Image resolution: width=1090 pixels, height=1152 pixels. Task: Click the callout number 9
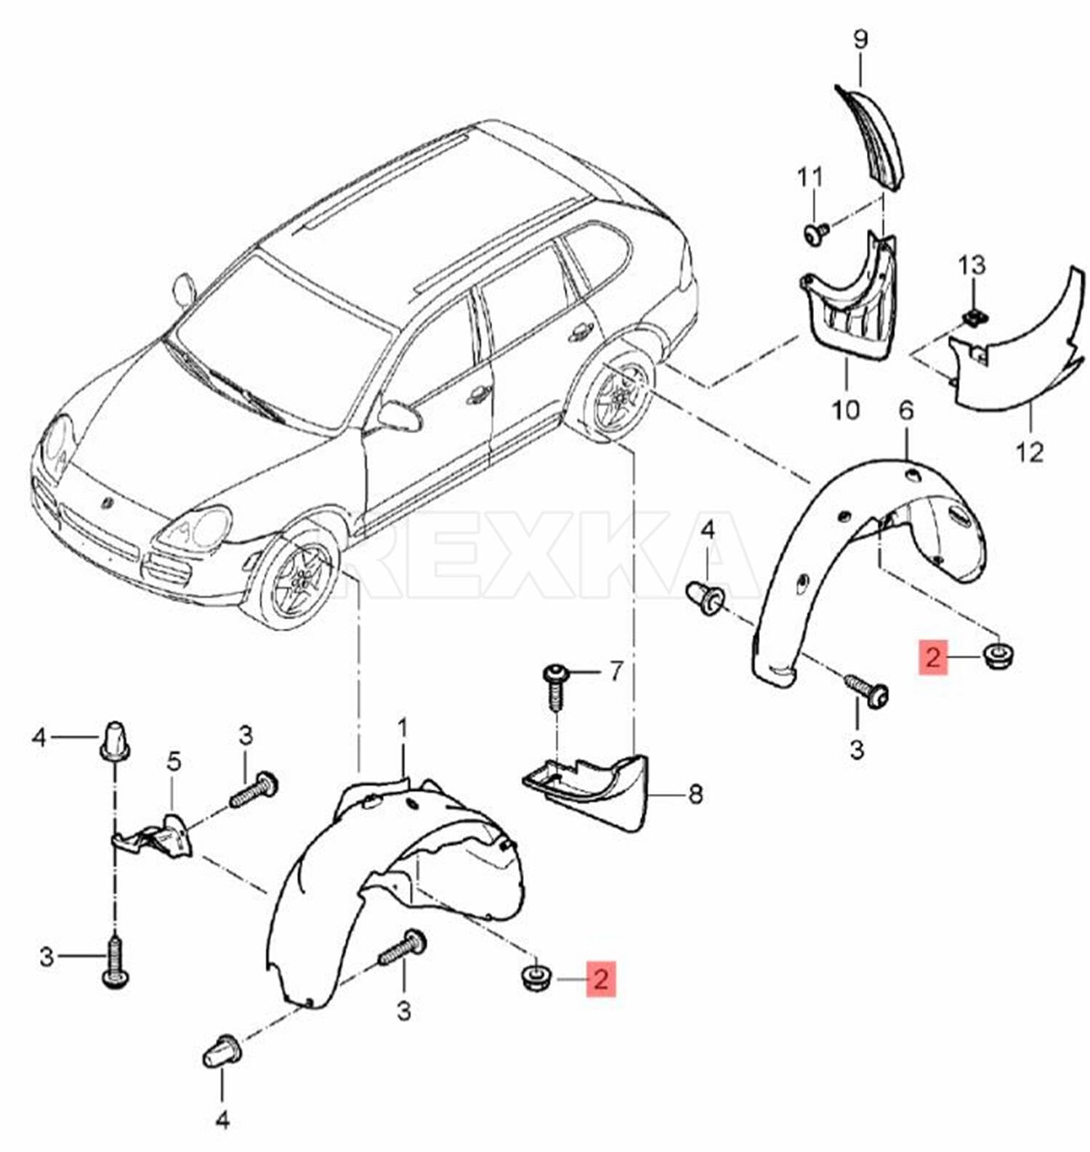860,39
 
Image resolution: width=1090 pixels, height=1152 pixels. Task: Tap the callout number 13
972,265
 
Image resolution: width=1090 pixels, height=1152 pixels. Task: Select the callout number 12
1030,452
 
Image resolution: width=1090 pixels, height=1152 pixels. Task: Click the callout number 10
845,410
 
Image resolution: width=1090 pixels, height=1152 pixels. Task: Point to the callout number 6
905,411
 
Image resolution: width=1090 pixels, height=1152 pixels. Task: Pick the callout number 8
695,794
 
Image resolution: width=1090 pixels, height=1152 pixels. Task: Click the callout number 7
616,671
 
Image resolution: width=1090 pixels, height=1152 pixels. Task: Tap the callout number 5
173,762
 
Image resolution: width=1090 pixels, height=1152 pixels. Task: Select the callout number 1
403,727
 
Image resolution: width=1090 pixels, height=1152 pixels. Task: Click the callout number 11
810,177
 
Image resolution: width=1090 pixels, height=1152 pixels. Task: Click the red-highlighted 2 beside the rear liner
933,658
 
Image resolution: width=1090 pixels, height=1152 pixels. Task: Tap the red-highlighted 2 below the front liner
600,978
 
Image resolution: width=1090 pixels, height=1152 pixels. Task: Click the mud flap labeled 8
596,792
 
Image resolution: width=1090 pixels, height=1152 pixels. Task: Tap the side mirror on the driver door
398,416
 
